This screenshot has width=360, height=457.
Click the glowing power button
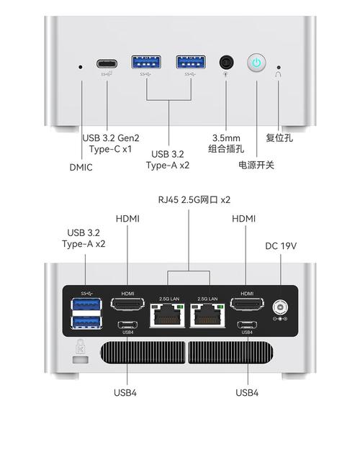(256, 63)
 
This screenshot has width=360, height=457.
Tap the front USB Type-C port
(107, 63)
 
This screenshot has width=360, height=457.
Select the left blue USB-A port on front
(146, 62)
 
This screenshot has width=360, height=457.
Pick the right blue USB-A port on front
(191, 62)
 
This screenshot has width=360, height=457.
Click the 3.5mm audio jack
(227, 63)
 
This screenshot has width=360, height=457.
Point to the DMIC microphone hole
(81, 67)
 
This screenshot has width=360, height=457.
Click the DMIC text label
(81, 167)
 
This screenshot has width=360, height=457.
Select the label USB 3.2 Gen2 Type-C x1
(111, 143)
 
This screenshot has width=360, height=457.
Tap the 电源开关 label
(256, 165)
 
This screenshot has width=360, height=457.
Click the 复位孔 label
(279, 137)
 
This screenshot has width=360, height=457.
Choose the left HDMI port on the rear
(127, 304)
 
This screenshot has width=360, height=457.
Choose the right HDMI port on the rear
(247, 304)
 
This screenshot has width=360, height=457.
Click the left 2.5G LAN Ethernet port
(167, 315)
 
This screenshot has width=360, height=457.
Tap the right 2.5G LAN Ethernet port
(207, 315)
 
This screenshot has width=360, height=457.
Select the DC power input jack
(280, 307)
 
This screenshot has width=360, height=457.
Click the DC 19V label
(281, 246)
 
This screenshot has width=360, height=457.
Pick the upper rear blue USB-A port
(86, 304)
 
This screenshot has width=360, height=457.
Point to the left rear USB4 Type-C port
(128, 325)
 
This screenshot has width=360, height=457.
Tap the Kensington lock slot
(80, 360)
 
